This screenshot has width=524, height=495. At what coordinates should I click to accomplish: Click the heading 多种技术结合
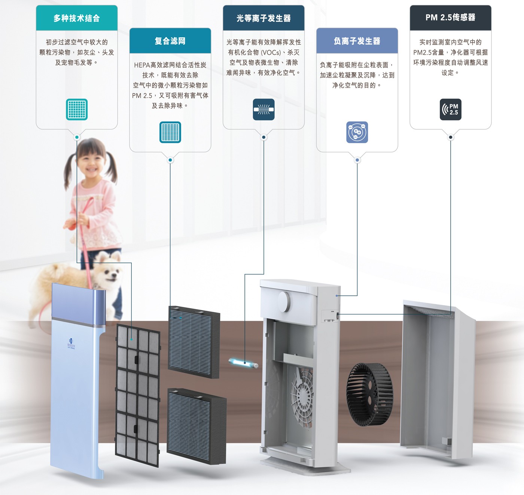coord(77,18)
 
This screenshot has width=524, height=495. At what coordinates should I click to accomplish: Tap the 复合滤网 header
coord(170,41)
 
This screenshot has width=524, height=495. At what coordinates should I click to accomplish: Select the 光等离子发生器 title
coord(263,18)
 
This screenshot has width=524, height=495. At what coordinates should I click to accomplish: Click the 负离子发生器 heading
coord(357,41)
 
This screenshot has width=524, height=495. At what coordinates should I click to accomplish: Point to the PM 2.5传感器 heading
coord(450,18)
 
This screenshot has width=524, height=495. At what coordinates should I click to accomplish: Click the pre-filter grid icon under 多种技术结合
coord(77,110)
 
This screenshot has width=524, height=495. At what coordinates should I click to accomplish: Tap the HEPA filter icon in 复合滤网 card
coord(170,132)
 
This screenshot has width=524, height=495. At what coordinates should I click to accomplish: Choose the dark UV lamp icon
coord(263,110)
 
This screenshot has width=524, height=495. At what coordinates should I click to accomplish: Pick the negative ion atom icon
coord(357,132)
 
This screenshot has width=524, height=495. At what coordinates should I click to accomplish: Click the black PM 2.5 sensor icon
coord(450,110)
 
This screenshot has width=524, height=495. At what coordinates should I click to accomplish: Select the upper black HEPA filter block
coord(194,342)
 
